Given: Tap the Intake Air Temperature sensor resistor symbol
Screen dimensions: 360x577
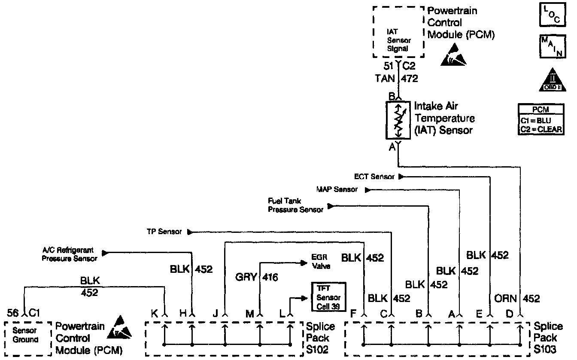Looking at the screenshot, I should (x=399, y=121).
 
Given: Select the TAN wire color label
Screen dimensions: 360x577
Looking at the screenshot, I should (x=386, y=79).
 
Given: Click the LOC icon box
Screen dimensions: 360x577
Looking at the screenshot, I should (x=551, y=15).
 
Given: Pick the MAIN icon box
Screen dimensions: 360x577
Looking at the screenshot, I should (x=551, y=46).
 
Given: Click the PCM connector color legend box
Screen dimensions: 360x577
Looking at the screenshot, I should (x=541, y=119).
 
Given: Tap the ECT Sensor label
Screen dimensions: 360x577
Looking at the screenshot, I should (x=374, y=177).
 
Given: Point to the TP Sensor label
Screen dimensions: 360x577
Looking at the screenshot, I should (x=164, y=232).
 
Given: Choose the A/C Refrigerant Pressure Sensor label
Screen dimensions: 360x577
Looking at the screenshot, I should (x=69, y=254).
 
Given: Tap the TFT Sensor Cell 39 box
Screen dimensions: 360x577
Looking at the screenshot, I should (x=328, y=294).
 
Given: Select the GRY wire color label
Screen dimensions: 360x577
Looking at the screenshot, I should (x=246, y=278).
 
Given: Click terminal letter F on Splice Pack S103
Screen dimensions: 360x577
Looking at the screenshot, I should (x=353, y=314).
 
